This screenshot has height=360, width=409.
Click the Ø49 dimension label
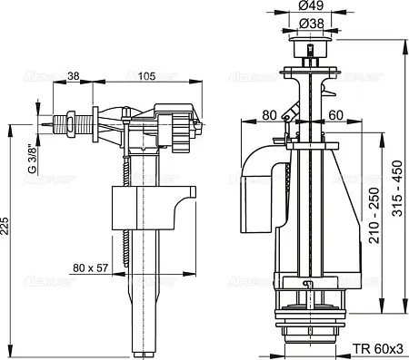(x=311, y=5)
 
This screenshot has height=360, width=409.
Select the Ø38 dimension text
(x=311, y=24)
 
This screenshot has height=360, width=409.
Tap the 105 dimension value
(x=146, y=76)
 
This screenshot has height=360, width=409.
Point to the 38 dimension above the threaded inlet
(x=73, y=76)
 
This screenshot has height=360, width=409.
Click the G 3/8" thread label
(x=33, y=160)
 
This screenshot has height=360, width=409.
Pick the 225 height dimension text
(x=5, y=226)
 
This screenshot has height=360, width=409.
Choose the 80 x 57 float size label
(x=90, y=268)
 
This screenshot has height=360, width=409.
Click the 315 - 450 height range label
(x=397, y=188)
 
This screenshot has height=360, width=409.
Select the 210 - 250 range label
(x=374, y=215)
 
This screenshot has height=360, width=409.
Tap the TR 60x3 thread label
(x=377, y=349)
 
